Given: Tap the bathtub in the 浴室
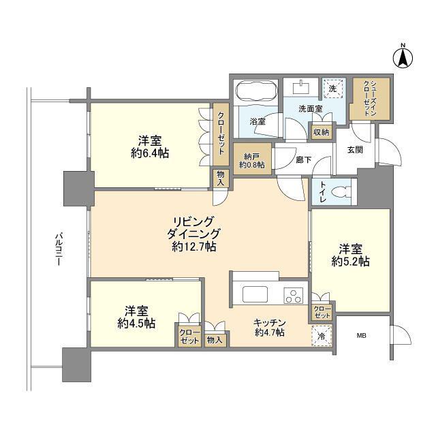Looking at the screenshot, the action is click(256, 91).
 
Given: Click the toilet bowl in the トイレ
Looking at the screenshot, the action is click(342, 192).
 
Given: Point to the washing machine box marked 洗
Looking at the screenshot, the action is click(333, 89).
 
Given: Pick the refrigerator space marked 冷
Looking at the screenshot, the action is click(322, 336).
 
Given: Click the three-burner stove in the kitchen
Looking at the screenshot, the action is click(293, 295).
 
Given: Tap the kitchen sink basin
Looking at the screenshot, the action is click(255, 294).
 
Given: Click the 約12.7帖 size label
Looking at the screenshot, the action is click(194, 247).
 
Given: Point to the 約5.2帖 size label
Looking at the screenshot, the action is click(350, 262).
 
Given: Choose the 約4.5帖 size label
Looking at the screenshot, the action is click(136, 323).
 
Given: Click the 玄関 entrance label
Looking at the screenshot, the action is click(355, 150).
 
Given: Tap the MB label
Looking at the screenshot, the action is click(362, 336).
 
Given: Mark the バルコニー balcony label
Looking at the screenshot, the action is click(59, 249).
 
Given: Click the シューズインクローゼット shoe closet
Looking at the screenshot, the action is click(370, 99).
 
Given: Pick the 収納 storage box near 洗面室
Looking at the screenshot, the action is click(322, 132).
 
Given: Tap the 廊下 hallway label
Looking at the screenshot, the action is click(303, 159).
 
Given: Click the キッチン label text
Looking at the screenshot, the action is click(270, 323).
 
